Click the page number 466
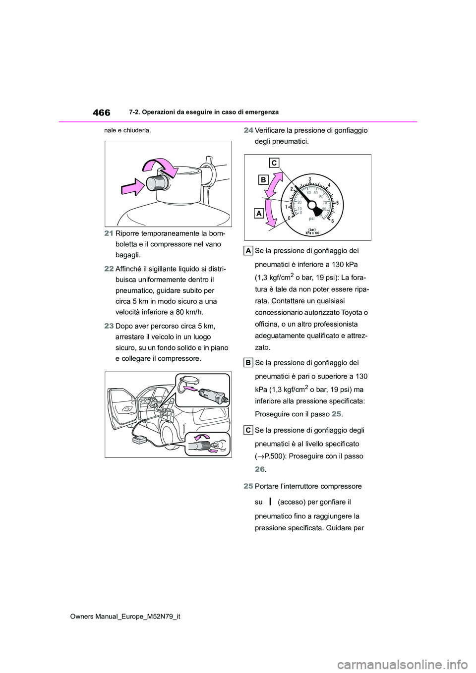(x=101, y=112)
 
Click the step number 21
(x=109, y=233)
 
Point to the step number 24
(x=249, y=130)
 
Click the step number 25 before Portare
(x=249, y=486)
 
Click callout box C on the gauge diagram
(x=275, y=163)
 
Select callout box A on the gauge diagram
(x=259, y=213)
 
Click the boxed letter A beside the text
(x=249, y=251)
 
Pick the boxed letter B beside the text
(x=249, y=363)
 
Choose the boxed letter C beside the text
(x=249, y=430)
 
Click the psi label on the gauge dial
(x=312, y=218)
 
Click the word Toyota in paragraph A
(x=355, y=313)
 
